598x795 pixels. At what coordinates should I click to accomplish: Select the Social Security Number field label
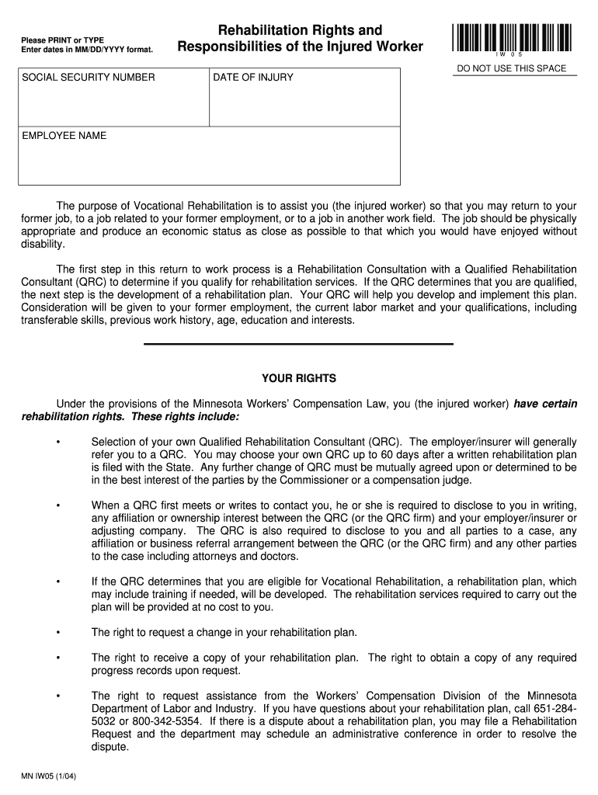pyautogui.click(x=89, y=78)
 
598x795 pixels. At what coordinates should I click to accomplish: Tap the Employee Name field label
pyautogui.click(x=64, y=136)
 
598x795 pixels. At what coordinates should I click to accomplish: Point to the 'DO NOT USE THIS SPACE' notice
pyautogui.click(x=512, y=68)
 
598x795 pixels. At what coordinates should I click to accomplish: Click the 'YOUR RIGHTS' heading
pyautogui.click(x=299, y=378)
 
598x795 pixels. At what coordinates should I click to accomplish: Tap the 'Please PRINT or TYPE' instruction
pyautogui.click(x=62, y=40)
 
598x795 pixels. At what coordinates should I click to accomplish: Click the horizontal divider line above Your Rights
pyautogui.click(x=299, y=343)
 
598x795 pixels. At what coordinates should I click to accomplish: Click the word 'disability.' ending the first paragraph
pyautogui.click(x=43, y=244)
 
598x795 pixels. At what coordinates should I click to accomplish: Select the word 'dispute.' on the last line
pyautogui.click(x=110, y=746)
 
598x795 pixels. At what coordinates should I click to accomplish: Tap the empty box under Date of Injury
pyautogui.click(x=304, y=105)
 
